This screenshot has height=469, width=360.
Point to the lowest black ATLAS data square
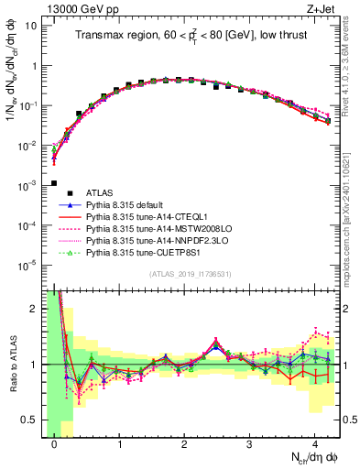point(54,183)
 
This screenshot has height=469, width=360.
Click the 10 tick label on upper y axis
point(30,26)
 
